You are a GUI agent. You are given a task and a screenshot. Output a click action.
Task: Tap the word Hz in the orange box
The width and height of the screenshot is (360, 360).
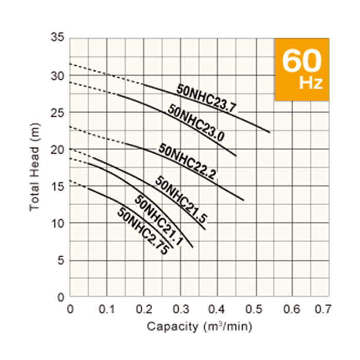(311, 83)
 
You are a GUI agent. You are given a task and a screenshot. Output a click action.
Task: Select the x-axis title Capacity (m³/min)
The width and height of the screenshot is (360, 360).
(200, 326)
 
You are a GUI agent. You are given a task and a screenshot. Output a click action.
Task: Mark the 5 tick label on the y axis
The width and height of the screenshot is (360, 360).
(60, 260)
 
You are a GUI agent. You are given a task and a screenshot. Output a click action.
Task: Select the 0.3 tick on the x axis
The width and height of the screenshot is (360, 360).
(181, 309)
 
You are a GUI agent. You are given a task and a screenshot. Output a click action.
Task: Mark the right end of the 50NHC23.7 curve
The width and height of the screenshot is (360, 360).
(269, 132)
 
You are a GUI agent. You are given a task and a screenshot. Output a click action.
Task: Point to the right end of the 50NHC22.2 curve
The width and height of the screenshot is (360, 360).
(243, 200)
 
